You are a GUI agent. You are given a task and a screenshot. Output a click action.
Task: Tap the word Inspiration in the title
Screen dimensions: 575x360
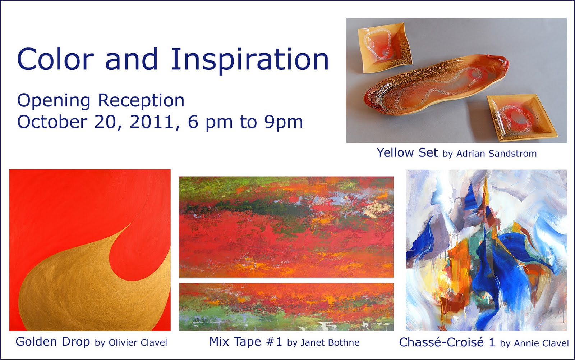click(x=250, y=61)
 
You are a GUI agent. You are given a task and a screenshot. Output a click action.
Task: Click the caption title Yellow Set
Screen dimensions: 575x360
click(x=407, y=152)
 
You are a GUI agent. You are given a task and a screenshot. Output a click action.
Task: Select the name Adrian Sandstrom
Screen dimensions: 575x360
click(x=496, y=154)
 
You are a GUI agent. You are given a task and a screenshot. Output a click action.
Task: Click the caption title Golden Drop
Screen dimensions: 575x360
click(x=52, y=342)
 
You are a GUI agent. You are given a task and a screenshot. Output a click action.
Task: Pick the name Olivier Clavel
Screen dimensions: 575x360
click(x=138, y=342)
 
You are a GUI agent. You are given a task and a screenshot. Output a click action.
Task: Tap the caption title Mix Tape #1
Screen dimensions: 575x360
click(x=246, y=342)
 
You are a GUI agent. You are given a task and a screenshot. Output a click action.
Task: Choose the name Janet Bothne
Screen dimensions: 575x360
click(x=330, y=342)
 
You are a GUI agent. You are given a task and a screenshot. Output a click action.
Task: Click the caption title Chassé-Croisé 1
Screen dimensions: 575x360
click(x=447, y=342)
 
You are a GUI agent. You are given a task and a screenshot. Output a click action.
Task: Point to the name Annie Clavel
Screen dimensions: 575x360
click(x=541, y=343)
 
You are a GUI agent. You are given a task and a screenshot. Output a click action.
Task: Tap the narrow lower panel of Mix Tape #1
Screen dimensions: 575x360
click(x=286, y=307)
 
